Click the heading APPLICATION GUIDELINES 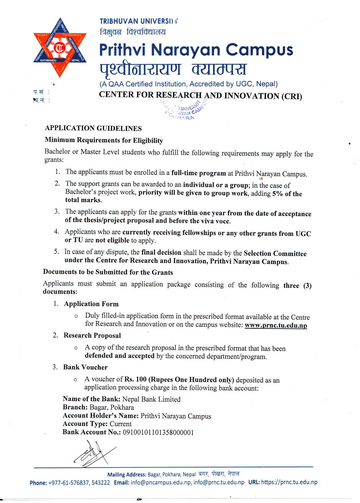click(x=93, y=128)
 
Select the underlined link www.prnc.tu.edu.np click(x=276, y=325)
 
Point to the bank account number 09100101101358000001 click(x=158, y=432)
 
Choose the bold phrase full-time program click(x=198, y=173)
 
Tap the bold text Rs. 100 click(x=135, y=379)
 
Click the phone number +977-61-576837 click(x=69, y=483)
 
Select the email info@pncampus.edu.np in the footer click(x=161, y=482)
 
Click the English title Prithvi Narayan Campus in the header click(x=196, y=50)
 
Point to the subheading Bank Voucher click(x=85, y=367)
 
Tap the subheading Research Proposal click(x=92, y=335)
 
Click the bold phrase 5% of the click(x=287, y=194)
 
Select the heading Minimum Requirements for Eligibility click(x=104, y=140)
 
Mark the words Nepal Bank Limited click(x=151, y=399)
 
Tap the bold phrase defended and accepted click(x=119, y=356)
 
